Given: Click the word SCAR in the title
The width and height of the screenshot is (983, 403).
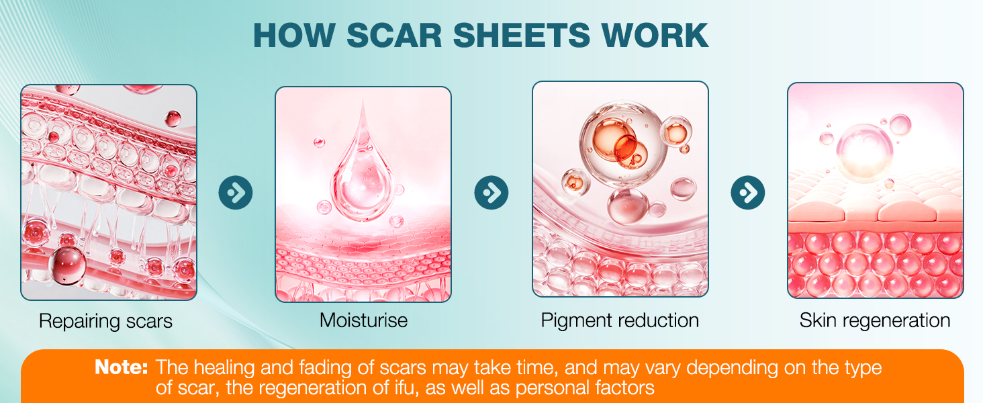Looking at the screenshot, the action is (394, 35).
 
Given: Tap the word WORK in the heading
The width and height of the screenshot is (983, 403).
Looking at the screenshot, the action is (655, 35).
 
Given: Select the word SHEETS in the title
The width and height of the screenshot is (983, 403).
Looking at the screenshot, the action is (521, 35).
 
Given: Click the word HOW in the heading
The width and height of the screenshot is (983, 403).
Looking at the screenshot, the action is (295, 35).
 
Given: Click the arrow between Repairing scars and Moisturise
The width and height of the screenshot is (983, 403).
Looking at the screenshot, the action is (236, 192).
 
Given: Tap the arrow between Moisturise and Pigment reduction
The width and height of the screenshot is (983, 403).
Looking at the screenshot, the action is (492, 192).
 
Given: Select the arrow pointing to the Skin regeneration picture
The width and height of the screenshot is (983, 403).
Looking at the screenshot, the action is (748, 192).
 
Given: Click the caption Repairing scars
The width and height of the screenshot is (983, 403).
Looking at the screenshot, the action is (105, 321).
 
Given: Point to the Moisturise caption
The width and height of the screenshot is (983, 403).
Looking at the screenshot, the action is (363, 320).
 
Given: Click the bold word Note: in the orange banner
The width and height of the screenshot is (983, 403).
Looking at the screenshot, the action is (121, 367).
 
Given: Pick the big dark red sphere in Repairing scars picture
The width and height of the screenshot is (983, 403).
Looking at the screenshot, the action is (67, 265).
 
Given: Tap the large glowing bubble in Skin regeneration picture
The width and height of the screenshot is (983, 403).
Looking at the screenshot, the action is (864, 153).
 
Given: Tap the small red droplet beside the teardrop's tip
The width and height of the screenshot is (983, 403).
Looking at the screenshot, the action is (319, 142).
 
